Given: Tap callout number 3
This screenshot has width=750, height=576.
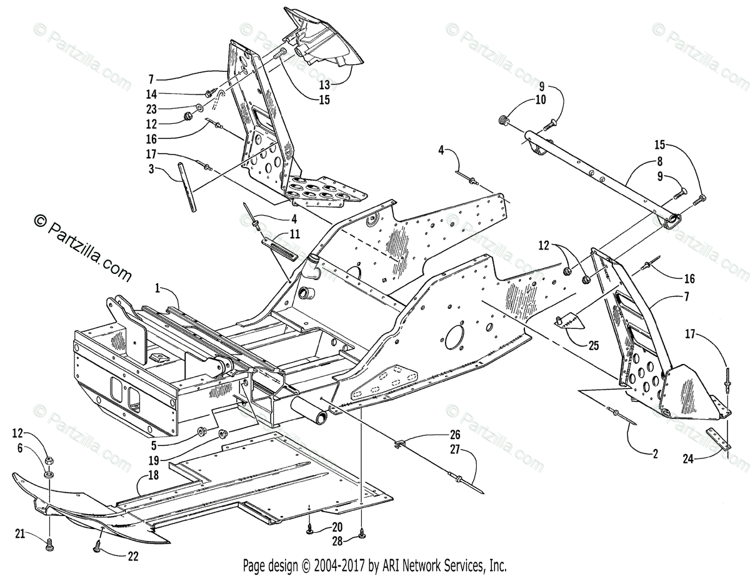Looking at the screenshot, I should click(x=152, y=168).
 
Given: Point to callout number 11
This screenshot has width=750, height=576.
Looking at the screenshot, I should click(x=294, y=234).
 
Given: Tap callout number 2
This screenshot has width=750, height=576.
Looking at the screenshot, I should click(x=655, y=455).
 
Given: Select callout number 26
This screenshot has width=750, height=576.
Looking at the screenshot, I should click(x=455, y=434).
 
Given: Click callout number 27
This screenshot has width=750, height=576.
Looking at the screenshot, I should click(x=455, y=448).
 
